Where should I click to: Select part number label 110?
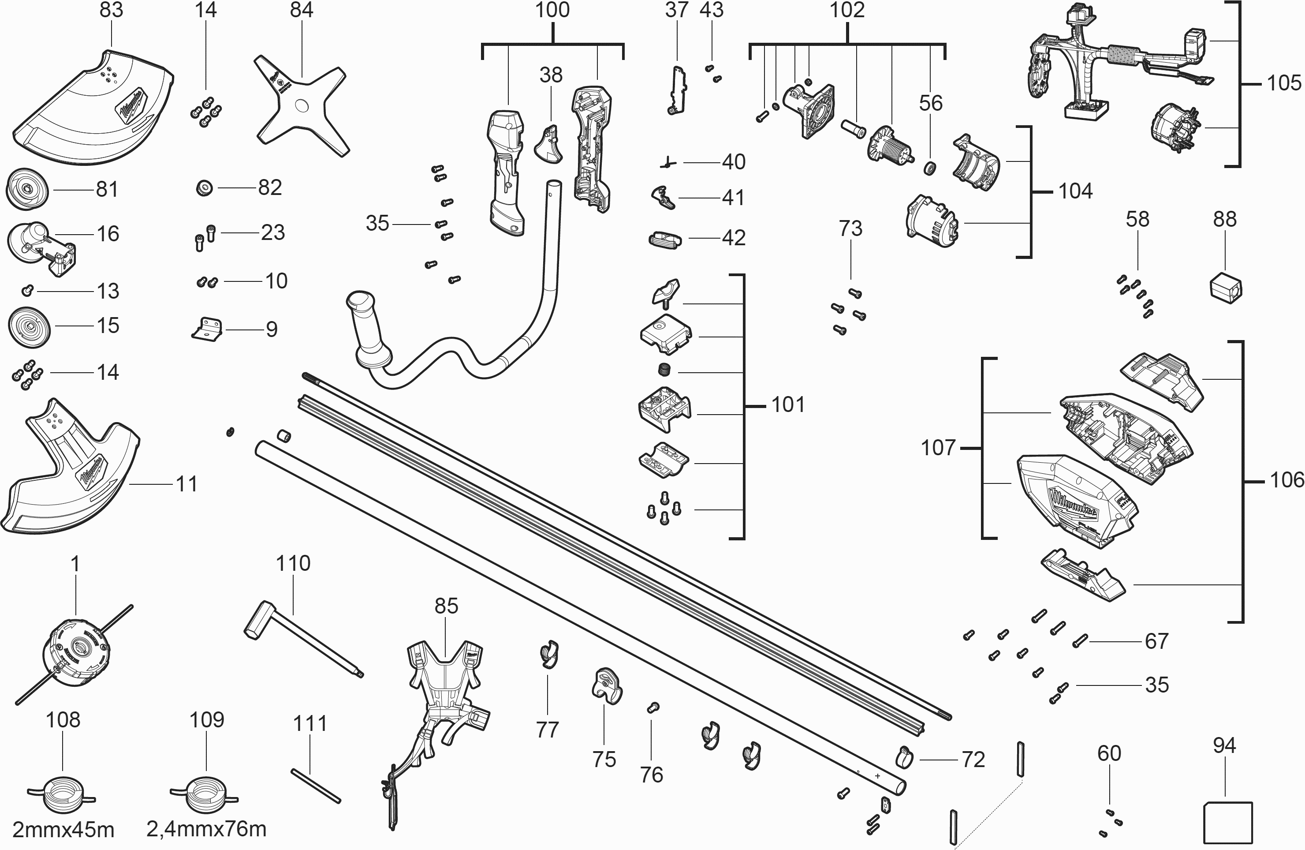coord(293,564)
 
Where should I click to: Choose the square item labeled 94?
coord(1228,823)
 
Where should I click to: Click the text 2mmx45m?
coord(63,830)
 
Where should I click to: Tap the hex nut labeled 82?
coord(205,189)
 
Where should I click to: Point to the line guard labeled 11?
coord(71,472)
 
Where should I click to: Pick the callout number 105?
coord(1283,83)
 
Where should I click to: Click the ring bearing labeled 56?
coord(930,168)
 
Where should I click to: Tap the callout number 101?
coord(788,405)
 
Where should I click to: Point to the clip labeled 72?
coord(904,757)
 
